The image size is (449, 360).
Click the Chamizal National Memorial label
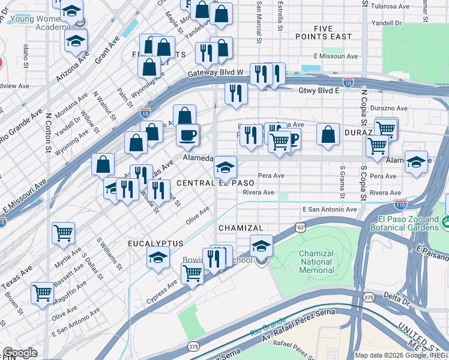coord(316,262)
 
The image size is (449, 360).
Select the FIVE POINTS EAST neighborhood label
coord(324,32)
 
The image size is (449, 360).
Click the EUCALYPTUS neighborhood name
coord(155,243)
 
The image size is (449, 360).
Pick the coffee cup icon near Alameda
coord(188,134)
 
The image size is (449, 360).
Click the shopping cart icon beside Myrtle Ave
coord(63,232)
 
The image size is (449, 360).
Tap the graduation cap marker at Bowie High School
coord(261,245)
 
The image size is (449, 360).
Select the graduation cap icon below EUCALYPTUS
coord(158,258)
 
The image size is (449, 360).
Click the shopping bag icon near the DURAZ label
coord(328,134)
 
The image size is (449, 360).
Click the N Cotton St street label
coord(47,130)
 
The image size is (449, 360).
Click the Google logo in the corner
coord(20,353)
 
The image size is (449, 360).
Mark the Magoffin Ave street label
coord(67,296)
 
